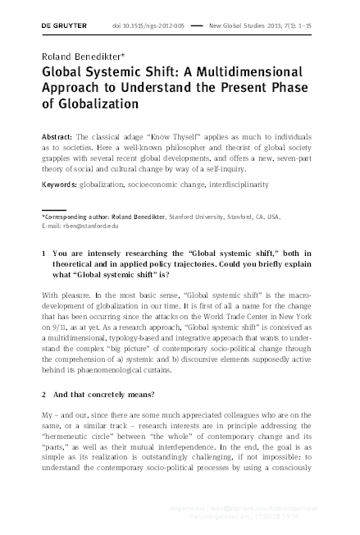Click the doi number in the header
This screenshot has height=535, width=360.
[155, 27]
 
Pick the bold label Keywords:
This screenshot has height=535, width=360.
[61, 186]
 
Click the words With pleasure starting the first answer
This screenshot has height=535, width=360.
[64, 293]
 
